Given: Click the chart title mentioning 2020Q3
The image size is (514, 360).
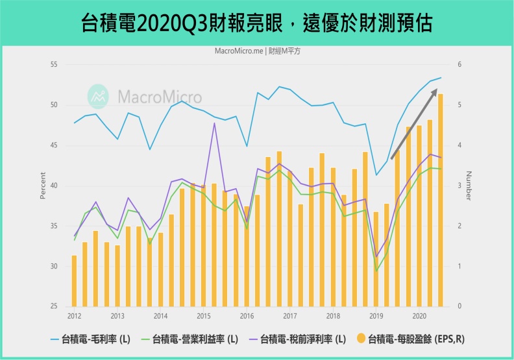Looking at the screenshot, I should (x=257, y=24).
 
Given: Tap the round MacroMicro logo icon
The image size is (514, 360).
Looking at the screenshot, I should (x=99, y=96).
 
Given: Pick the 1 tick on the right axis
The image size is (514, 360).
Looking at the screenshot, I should (x=459, y=267).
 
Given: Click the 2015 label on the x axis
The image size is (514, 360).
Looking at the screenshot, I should (x=204, y=316).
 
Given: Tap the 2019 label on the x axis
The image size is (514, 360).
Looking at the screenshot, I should (x=376, y=316).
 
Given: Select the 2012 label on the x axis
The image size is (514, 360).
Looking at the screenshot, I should (x=74, y=316).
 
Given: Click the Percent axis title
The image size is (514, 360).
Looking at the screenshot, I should (x=43, y=186).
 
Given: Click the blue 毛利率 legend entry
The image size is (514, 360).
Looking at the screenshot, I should (x=91, y=339).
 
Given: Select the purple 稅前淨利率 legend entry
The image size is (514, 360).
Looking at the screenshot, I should (x=302, y=339).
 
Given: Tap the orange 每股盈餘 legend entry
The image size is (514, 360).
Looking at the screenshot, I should (x=412, y=339).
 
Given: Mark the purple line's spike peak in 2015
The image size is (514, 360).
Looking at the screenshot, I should (x=214, y=123).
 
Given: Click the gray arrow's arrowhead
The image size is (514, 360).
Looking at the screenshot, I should (x=434, y=93).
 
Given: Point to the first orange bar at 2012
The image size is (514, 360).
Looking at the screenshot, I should (x=74, y=281).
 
